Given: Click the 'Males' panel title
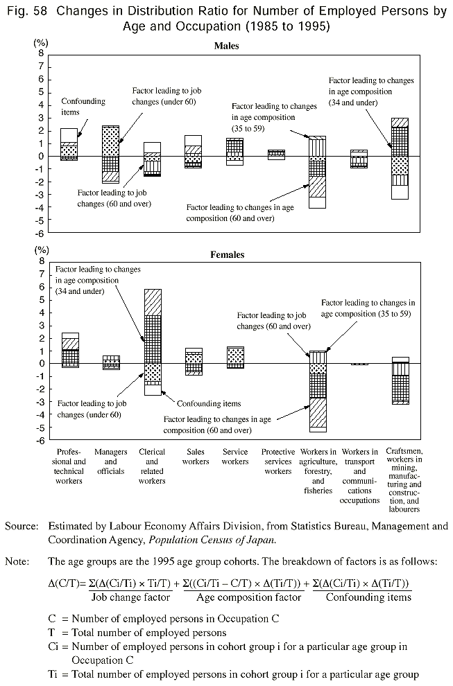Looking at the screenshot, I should [226, 46].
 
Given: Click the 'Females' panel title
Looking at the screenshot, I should [227, 255].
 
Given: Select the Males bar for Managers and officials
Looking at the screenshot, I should [110, 154].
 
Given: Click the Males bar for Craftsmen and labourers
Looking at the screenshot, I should [400, 159].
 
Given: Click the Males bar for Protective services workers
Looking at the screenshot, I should [276, 155].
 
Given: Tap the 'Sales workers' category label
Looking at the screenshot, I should [195, 457].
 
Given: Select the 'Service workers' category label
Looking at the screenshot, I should [235, 457].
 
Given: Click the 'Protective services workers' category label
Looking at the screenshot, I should [277, 461].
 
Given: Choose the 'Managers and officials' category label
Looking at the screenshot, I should [111, 461].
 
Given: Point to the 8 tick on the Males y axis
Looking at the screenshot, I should [42, 53].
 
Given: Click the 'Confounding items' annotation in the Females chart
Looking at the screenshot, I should [208, 403].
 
